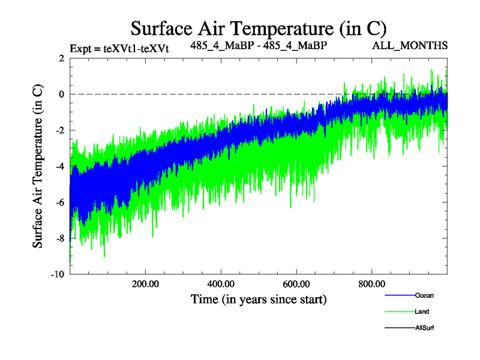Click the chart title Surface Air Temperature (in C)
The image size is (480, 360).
tap(258, 28)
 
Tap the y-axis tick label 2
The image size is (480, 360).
tap(61, 58)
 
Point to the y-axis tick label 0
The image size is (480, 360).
tap(61, 94)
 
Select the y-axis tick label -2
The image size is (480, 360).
tap(59, 130)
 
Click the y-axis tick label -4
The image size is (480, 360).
tap(59, 166)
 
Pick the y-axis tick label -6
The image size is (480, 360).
tap(59, 202)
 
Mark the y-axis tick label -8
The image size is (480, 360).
tap(59, 238)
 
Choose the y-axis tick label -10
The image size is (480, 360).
tap(58, 274)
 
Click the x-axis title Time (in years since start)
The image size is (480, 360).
tap(259, 298)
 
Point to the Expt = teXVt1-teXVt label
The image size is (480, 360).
tap(119, 49)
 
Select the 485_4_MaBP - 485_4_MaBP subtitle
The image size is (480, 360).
tap(259, 46)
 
